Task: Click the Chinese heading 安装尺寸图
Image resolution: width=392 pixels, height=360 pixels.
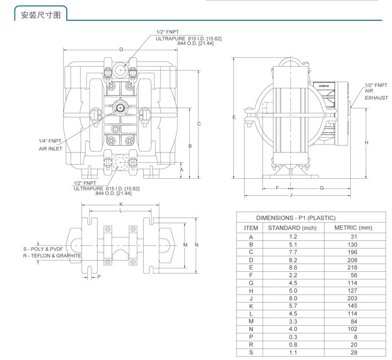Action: point(41,15)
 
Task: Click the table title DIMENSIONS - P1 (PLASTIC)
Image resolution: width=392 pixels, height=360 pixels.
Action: point(296,218)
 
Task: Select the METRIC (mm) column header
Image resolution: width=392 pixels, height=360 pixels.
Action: point(353,228)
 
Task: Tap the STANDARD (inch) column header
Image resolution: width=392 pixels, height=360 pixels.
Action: point(292,228)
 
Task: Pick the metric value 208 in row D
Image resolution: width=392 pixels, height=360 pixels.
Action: point(352,260)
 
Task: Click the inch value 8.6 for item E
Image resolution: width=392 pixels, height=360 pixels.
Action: point(293,267)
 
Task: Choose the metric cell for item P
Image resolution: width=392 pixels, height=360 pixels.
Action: point(356,337)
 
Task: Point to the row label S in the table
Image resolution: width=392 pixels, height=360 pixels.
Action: point(251,353)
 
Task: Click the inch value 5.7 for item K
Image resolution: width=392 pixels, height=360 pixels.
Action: point(293,306)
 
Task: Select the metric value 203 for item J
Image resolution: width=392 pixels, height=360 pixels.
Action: point(352,298)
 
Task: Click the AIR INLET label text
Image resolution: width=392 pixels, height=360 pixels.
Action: point(50,149)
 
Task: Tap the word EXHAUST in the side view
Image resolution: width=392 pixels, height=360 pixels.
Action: point(376,98)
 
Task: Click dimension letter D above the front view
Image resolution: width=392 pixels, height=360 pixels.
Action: point(121,50)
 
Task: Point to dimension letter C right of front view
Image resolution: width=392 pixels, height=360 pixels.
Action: point(199,124)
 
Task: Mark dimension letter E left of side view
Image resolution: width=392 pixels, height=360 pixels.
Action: point(234,118)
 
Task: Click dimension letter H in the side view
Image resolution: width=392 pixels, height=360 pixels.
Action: point(366,143)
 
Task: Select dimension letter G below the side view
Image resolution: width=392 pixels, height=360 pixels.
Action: point(322,188)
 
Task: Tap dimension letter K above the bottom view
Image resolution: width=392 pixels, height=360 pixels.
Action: point(121,204)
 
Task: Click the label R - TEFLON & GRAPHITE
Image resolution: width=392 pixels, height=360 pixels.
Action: point(52,256)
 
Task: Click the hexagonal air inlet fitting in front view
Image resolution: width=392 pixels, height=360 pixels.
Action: point(120,108)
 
